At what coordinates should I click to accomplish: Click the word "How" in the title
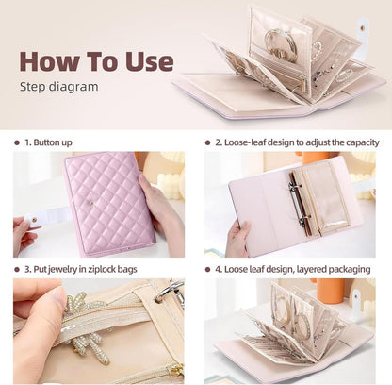51,61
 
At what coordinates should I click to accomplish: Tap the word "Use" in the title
147,61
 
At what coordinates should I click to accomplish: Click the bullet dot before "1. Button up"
17,142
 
